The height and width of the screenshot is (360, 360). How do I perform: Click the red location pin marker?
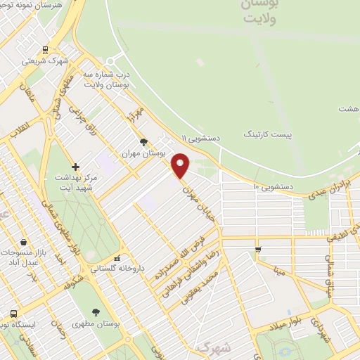[x=181, y=165]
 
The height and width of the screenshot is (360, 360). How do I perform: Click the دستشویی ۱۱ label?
[x=201, y=139]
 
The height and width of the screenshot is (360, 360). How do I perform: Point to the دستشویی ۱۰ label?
[x=271, y=186]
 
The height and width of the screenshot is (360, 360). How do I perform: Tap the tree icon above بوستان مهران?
[x=143, y=141]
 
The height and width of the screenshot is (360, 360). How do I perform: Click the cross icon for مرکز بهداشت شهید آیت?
[x=75, y=167]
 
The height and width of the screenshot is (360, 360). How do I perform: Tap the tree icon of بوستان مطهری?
[x=96, y=312]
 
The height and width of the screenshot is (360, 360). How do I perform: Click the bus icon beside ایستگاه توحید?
[x=13, y=314]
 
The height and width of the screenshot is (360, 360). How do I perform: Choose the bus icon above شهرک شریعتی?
[x=45, y=50]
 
